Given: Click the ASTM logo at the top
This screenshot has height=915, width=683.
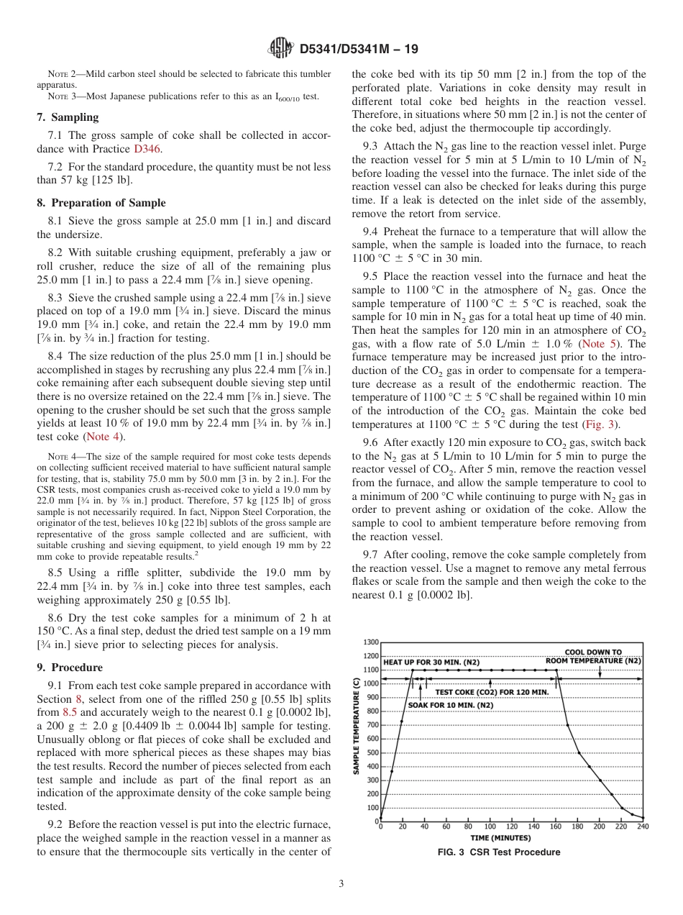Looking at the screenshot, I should click(280, 48).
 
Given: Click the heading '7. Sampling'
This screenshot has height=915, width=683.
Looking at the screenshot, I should click(68, 117).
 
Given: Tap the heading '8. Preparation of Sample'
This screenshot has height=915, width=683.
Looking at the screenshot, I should click(101, 203).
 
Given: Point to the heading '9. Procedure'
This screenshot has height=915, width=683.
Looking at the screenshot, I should click(70, 667).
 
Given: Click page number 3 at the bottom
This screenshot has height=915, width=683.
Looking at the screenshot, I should click(341, 883).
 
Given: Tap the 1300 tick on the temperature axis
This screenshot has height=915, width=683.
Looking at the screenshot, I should click(370, 642).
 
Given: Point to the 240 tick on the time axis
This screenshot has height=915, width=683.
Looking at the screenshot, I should click(642, 827).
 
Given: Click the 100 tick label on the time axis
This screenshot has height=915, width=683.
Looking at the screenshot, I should click(490, 827).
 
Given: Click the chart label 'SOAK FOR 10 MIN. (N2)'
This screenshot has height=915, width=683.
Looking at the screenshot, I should click(450, 706).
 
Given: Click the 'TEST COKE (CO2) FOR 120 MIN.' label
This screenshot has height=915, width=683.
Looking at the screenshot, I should click(492, 692).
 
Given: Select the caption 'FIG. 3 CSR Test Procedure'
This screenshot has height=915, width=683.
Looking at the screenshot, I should click(499, 852).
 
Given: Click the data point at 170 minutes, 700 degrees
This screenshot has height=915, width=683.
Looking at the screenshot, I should click(567, 725).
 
